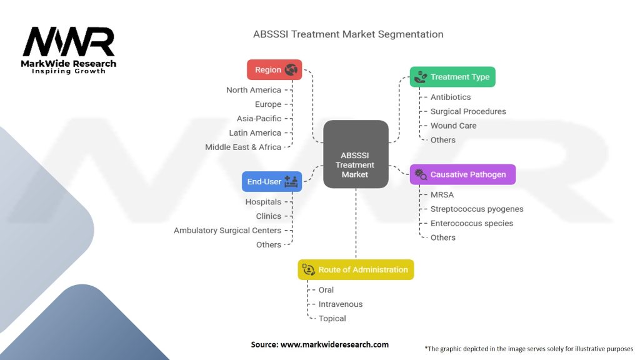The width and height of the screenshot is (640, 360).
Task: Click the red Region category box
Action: (274, 70)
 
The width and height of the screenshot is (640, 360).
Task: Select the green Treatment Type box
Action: (452, 77)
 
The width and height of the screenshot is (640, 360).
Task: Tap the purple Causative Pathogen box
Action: (462, 174)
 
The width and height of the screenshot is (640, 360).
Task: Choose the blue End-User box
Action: (272, 181)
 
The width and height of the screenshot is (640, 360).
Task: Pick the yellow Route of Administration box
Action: (356, 269)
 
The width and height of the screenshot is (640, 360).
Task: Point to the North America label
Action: (254, 90)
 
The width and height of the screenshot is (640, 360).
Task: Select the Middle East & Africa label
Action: (243, 147)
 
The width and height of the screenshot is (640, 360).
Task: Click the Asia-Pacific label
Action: (259, 119)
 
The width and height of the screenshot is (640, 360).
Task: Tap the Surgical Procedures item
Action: (468, 111)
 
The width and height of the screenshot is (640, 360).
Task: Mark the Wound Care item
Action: (453, 126)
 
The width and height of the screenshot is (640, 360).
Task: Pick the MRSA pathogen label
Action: (442, 194)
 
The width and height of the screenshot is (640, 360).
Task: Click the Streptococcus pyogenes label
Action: (477, 209)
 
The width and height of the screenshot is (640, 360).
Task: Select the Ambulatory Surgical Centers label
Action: (227, 231)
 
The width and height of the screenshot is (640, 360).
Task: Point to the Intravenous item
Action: (341, 304)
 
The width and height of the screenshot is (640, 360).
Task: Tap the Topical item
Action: (332, 319)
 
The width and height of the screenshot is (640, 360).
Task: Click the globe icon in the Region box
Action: (291, 70)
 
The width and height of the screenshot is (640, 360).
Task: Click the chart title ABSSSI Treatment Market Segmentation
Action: (348, 34)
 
